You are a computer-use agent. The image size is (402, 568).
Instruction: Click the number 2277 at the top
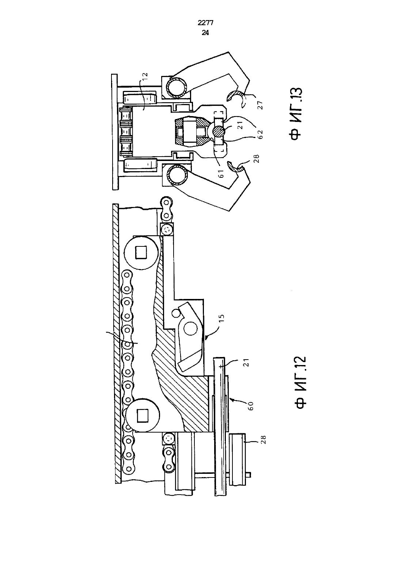[205, 23]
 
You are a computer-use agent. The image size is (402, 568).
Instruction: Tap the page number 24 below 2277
[205, 33]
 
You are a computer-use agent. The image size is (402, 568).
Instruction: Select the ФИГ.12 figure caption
[300, 383]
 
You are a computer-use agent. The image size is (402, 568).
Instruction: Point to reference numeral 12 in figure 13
[144, 77]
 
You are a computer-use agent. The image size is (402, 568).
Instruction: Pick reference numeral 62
[260, 134]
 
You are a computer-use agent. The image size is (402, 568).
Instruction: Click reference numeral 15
[221, 318]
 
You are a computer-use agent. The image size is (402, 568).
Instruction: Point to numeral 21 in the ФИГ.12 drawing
[246, 363]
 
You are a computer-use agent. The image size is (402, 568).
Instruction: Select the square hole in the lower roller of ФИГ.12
[143, 416]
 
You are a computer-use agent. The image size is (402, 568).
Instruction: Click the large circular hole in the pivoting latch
[190, 329]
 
